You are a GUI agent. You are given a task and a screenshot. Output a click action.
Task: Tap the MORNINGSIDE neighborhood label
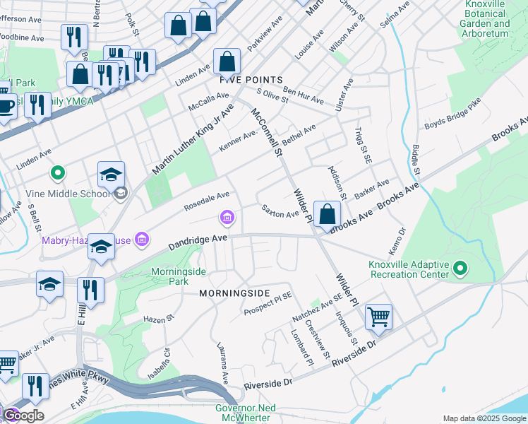(234, 293)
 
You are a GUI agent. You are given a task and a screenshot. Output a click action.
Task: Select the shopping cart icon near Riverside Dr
(379, 317)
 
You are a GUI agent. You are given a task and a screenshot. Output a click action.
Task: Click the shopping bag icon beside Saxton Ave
(328, 214)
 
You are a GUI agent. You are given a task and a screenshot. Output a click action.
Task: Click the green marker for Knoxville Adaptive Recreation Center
(460, 268)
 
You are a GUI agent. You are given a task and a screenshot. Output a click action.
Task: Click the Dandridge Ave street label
(198, 243)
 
